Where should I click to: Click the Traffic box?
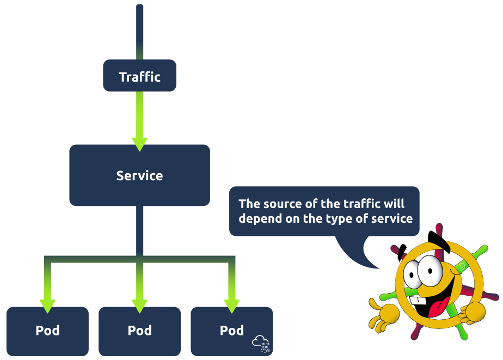pos(139,76)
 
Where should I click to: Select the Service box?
pos(139,175)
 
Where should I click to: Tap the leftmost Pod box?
pos(47,331)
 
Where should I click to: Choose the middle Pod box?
pos(139,331)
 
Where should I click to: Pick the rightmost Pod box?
pos(231,331)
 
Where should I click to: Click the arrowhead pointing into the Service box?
pos(139,143)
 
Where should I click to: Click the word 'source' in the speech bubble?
pos(283,204)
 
